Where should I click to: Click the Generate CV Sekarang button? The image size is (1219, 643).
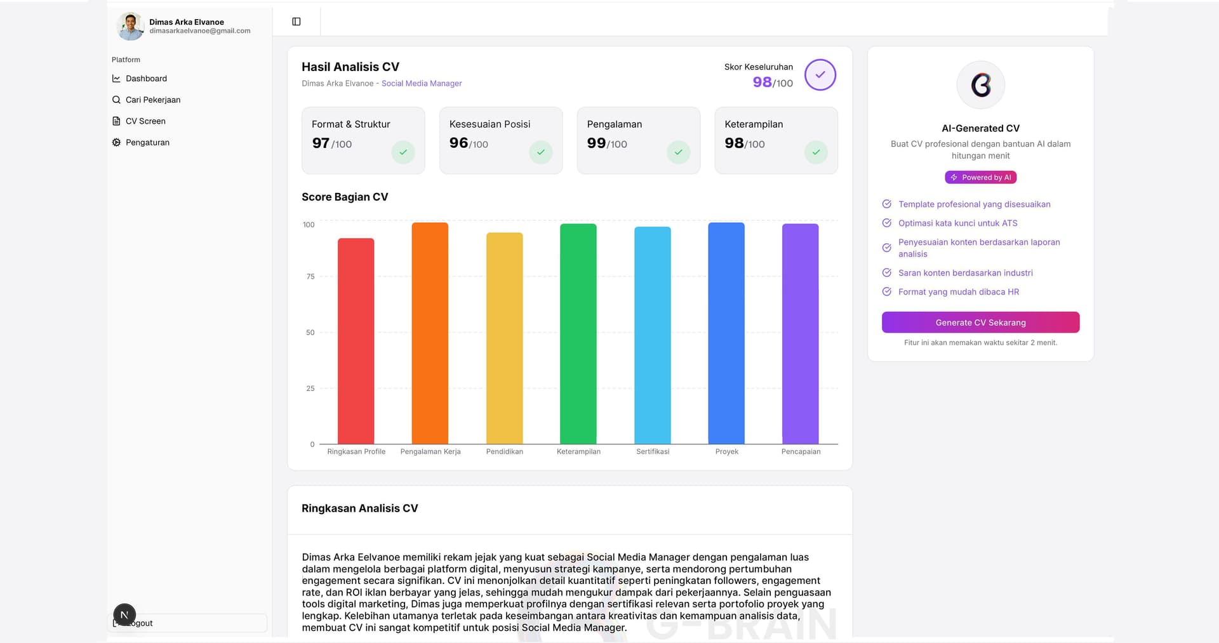pos(980,322)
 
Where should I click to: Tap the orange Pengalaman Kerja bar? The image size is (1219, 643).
pos(430,333)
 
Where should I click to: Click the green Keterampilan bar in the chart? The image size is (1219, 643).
pos(578,334)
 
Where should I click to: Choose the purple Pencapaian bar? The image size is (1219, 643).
pos(800,334)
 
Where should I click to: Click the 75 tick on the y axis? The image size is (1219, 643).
pos(310,277)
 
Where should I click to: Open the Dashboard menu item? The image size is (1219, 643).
pos(146,79)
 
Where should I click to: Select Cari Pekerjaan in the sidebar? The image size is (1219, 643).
pos(152,100)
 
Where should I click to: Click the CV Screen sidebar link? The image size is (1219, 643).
pos(145,121)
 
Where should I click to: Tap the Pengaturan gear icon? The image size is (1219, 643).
pos(116,143)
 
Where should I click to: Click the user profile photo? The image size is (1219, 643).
pos(131,26)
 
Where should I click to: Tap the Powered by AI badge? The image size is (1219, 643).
pos(980,178)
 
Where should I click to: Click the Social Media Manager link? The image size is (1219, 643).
pos(422,84)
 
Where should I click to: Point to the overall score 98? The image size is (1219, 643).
pos(762,83)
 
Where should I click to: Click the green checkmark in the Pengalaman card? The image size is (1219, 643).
pos(678,152)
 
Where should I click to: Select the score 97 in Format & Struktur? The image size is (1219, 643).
pos(321,143)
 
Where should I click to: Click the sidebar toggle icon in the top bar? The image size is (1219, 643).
pos(296,22)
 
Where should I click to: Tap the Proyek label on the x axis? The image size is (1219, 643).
pos(726,452)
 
